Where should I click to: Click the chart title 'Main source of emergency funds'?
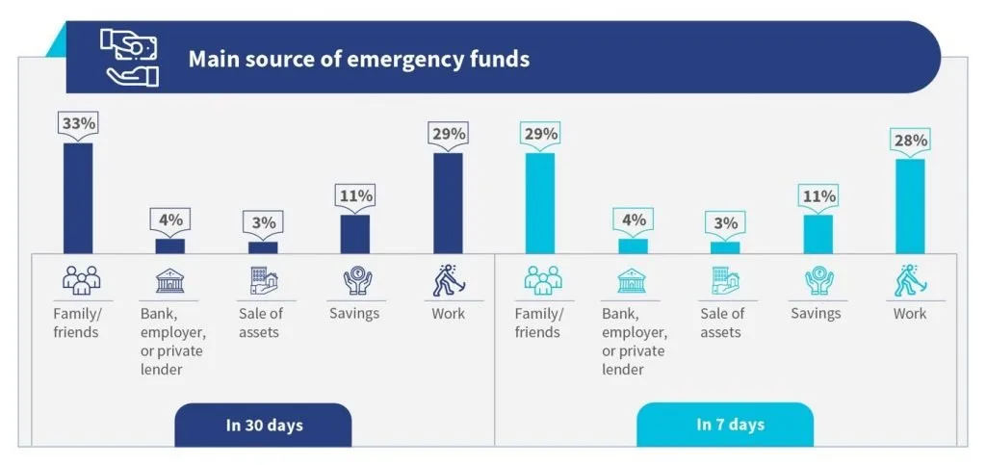click(359, 59)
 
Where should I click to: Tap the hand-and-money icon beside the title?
click(130, 57)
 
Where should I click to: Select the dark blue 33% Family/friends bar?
click(78, 198)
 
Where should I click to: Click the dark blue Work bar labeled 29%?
click(449, 203)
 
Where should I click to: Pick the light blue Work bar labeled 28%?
click(911, 206)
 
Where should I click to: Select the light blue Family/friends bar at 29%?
click(540, 203)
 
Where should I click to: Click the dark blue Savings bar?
click(355, 234)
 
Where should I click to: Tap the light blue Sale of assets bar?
click(725, 248)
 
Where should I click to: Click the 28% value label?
click(911, 141)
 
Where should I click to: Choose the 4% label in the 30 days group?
click(170, 220)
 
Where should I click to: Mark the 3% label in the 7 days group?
click(725, 223)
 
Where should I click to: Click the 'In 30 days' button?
click(263, 426)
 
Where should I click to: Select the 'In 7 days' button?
click(725, 425)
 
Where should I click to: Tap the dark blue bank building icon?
click(170, 281)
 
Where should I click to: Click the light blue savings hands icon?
click(818, 281)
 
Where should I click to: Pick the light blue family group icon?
click(543, 280)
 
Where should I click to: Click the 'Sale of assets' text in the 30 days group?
click(260, 323)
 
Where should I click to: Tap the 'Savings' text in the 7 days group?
click(817, 313)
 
